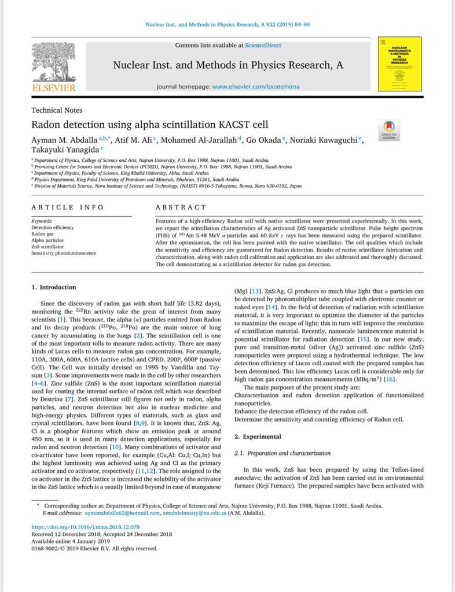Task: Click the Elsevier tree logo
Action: [53, 62]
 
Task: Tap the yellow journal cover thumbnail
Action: [399, 64]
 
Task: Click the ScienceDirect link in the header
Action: [263, 45]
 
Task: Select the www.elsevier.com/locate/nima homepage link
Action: [256, 87]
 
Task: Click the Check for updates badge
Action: [388, 129]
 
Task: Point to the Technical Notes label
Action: [57, 110]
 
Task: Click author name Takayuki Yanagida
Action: [65, 150]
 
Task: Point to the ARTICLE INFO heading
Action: [68, 207]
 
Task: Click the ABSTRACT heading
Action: [181, 207]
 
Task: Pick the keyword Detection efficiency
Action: [53, 228]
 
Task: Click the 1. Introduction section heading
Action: [54, 287]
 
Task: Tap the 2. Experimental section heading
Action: [258, 436]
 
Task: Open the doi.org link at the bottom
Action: [85, 527]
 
